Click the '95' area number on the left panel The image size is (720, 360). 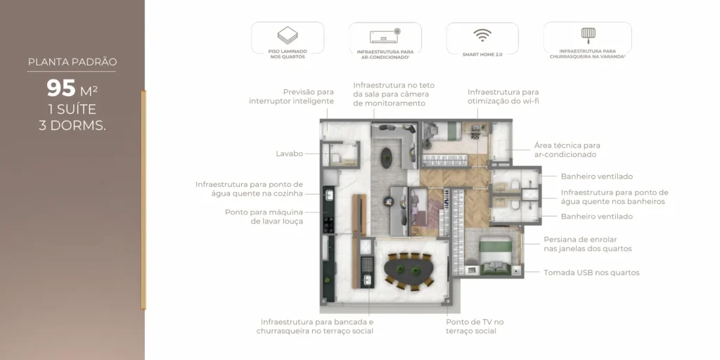pyautogui.click(x=60, y=88)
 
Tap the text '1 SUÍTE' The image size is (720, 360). pyautogui.click(x=72, y=109)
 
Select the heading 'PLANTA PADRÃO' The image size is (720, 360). pyautogui.click(x=72, y=62)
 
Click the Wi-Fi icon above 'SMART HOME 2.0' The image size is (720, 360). pyautogui.click(x=482, y=35)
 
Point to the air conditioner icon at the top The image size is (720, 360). pyautogui.click(x=385, y=35)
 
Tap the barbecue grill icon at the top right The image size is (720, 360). pyautogui.click(x=587, y=34)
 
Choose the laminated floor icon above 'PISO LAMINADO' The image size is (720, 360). pyautogui.click(x=287, y=35)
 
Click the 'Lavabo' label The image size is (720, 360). pyautogui.click(x=289, y=153)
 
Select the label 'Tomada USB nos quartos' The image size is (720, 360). pyautogui.click(x=591, y=272)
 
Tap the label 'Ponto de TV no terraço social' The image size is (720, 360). pyautogui.click(x=475, y=326)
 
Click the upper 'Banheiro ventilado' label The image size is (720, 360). pyautogui.click(x=596, y=176)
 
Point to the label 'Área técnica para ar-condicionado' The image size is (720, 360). pyautogui.click(x=567, y=150)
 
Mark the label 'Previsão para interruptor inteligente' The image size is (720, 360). pyautogui.click(x=291, y=96)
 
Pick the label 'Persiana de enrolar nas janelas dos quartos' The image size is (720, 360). pyautogui.click(x=587, y=244)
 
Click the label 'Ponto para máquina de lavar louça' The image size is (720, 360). pyautogui.click(x=264, y=217)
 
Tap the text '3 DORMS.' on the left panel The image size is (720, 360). pyautogui.click(x=72, y=127)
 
